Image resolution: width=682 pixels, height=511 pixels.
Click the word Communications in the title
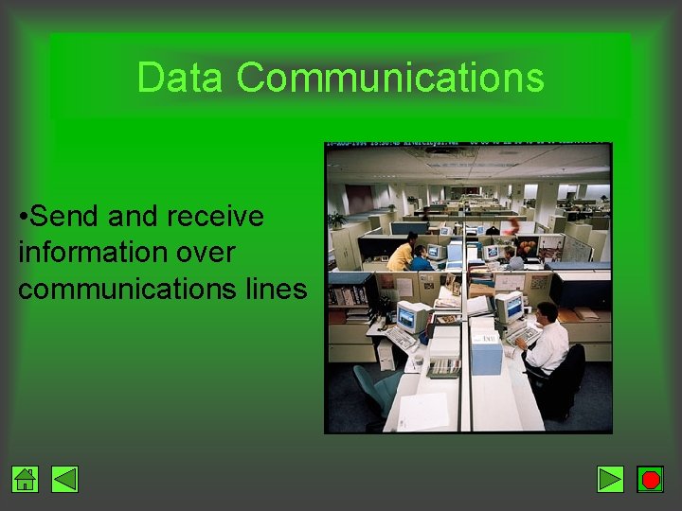(390, 78)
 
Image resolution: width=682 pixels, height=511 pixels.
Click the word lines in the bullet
(276, 289)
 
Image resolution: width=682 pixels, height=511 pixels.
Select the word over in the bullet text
(206, 253)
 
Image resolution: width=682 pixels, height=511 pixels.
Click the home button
(26, 480)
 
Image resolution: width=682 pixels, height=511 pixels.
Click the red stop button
(650, 480)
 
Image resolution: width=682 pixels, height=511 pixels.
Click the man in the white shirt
(547, 341)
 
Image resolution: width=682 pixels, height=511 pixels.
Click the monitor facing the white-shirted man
(509, 308)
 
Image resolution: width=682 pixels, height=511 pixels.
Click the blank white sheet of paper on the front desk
(423, 410)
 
